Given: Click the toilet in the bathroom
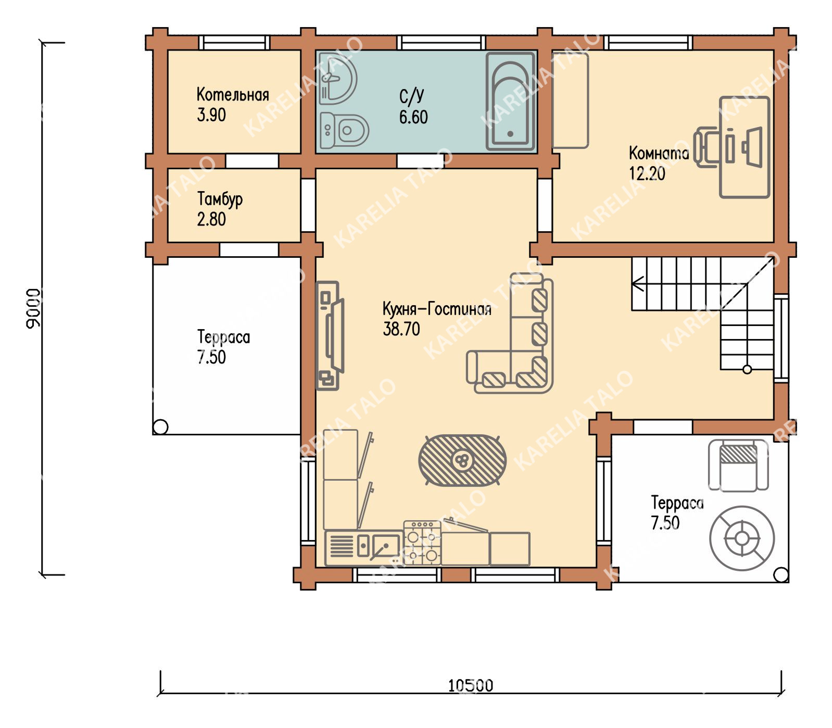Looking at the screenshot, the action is coord(344,130).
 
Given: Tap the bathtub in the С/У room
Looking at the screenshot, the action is coord(511,102).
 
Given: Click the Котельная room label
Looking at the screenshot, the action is coord(233,94).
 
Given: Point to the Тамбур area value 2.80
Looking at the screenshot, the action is coord(211,219).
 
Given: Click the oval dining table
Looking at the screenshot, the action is coord(462,460).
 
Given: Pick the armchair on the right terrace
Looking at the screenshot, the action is coord(738,465).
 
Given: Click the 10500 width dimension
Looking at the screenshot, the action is coord(470,685).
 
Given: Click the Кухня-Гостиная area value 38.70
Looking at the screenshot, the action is coord(401,329).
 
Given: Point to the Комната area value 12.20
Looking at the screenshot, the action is coord(647,173).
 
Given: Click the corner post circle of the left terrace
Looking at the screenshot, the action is coord(160,427).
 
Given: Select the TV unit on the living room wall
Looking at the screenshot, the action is coord(330,336).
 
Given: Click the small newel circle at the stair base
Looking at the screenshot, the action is coord(747,370).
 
